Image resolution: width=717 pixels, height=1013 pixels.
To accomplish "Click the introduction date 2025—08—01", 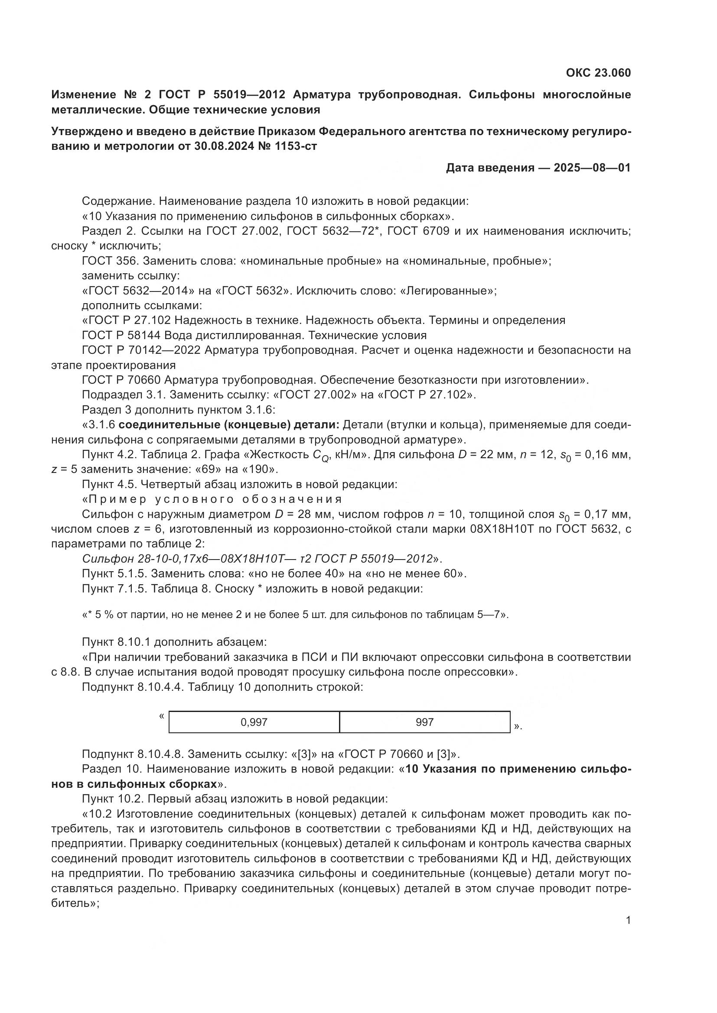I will coord(592,168).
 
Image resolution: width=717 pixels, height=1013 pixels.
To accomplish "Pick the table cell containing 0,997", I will coord(254,722).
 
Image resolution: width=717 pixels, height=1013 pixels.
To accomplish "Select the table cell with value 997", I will coord(424,722).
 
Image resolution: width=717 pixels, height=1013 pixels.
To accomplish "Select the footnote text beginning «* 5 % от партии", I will coord(295,615).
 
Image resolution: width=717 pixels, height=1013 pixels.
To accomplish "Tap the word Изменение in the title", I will coord(83,95).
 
